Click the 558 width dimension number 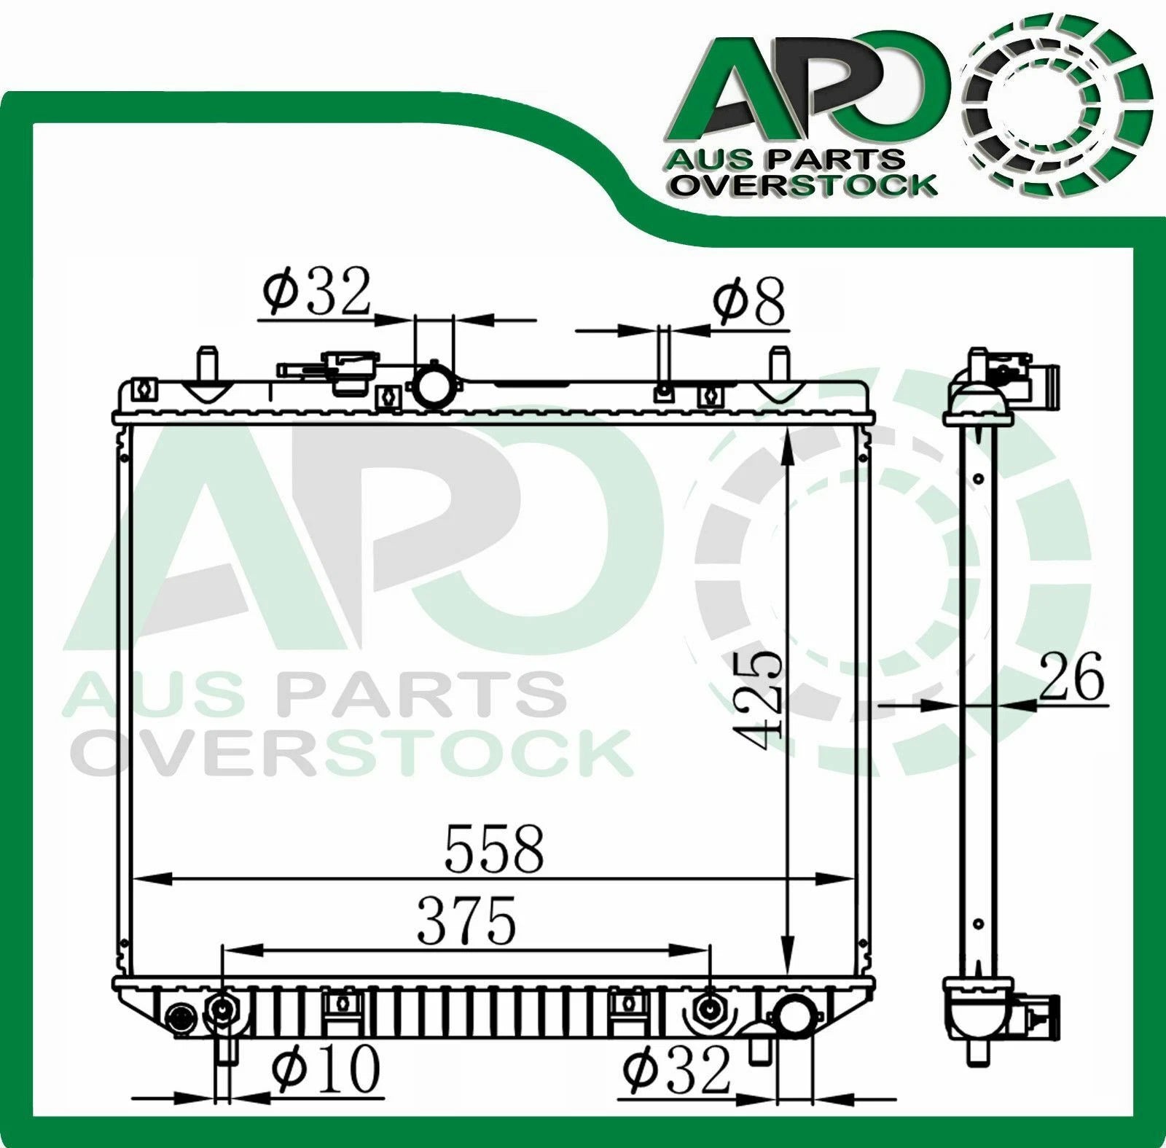point(494,848)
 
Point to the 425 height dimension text point(759,699)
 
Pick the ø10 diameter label point(326,1069)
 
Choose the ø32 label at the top point(317,290)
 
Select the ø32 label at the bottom point(676,1070)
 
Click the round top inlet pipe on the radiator point(434,384)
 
